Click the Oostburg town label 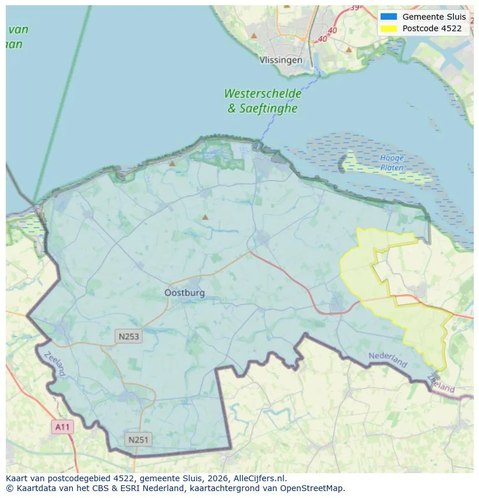point(185,293)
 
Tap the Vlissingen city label point(281,60)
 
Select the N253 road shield point(128,337)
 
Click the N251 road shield point(138,440)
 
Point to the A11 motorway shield point(62,427)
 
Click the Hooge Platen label point(392,163)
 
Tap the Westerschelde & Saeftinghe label point(263,101)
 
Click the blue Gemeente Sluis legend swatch point(389,17)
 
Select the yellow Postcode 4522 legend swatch point(389,28)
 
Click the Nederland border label point(388,360)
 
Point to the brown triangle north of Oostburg point(205,217)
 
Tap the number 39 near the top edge point(354,8)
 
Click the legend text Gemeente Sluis point(434,17)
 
